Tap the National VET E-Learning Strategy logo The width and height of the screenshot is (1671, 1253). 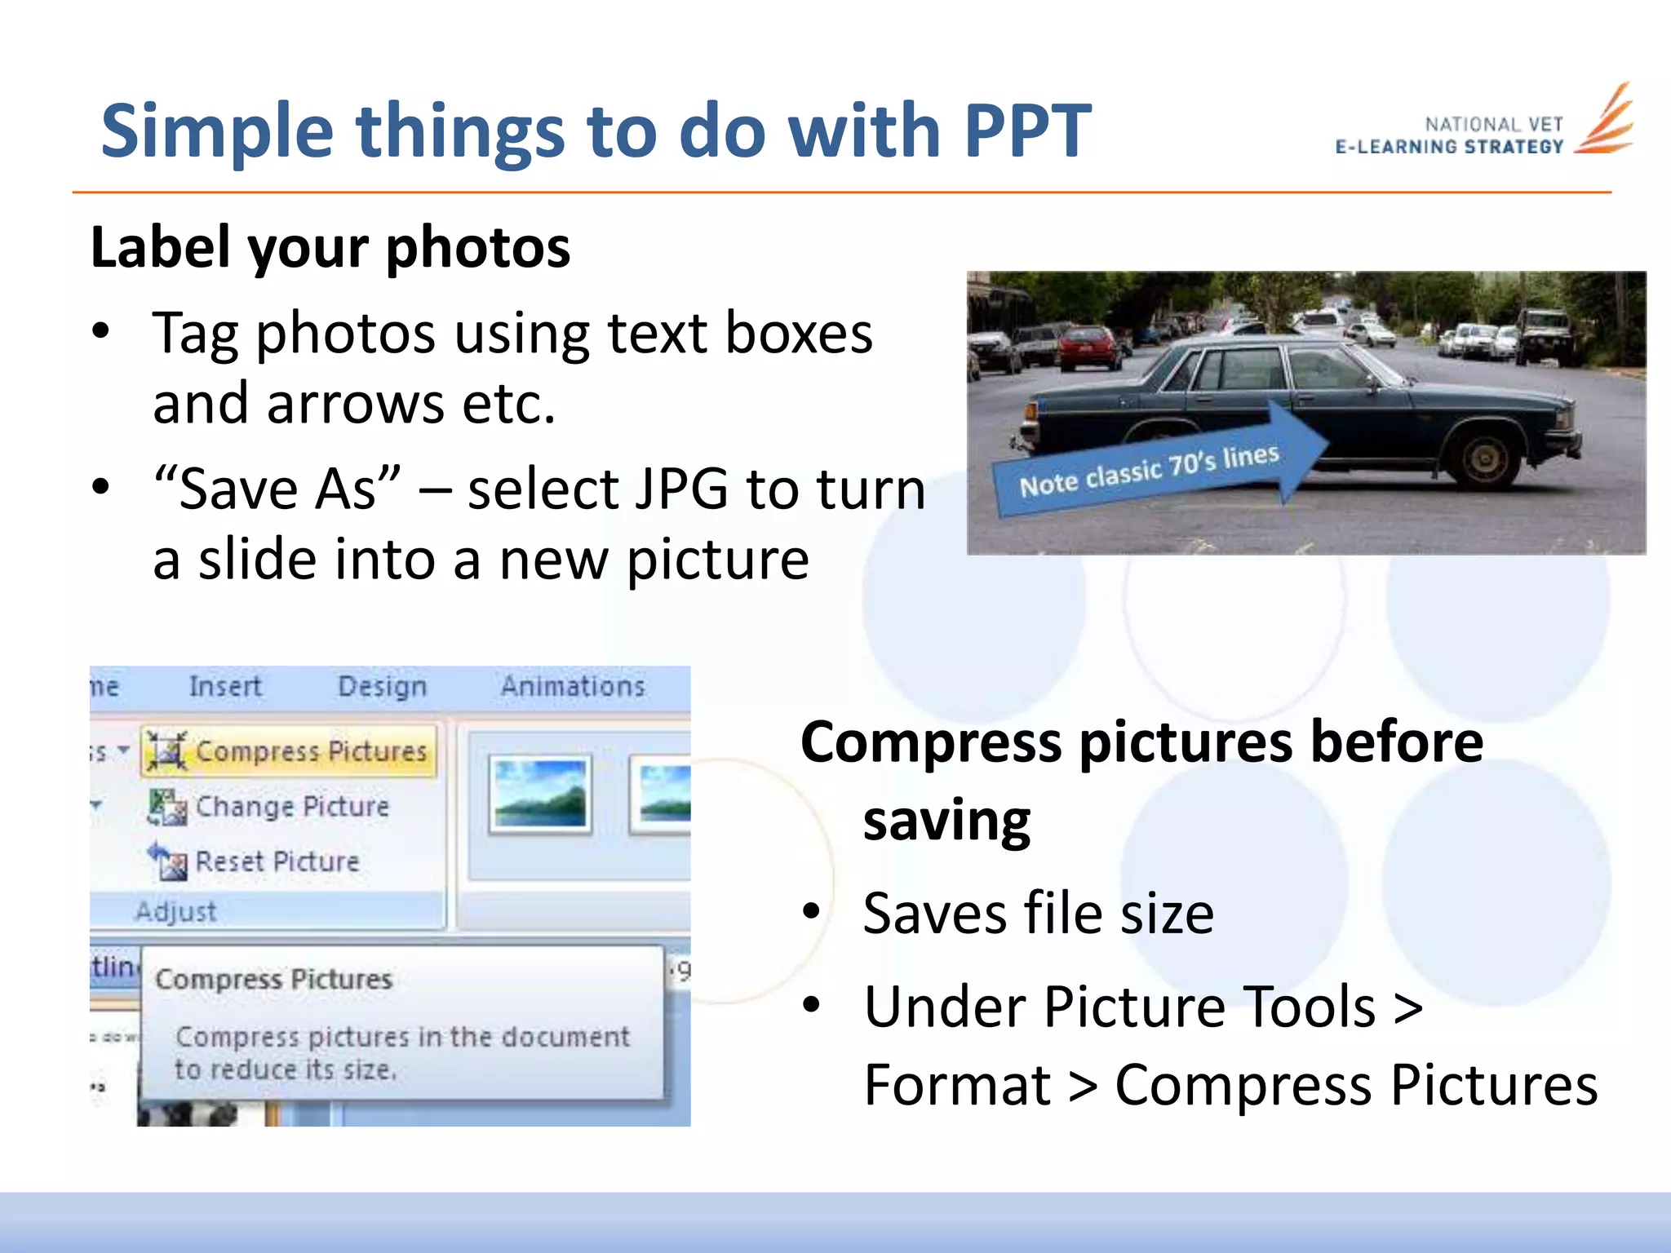pos(1485,131)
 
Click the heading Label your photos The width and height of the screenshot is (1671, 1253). pos(330,247)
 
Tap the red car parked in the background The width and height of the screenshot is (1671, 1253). pos(1089,346)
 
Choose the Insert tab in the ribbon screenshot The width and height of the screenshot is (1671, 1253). pos(225,687)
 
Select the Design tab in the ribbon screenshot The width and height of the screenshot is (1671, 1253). pos(382,687)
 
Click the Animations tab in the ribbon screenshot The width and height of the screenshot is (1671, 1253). pos(573,687)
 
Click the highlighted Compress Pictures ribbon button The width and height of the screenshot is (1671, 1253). pos(290,750)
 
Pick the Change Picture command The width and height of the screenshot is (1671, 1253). pos(273,807)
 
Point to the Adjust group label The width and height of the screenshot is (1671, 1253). pos(176,911)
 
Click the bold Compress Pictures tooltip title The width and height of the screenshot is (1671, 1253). pos(274,979)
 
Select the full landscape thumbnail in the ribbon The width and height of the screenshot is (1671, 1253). pos(540,794)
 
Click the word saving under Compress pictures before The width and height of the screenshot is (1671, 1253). pos(946,821)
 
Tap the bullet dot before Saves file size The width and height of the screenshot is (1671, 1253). pos(811,912)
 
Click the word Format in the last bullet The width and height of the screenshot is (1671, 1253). pos(957,1085)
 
